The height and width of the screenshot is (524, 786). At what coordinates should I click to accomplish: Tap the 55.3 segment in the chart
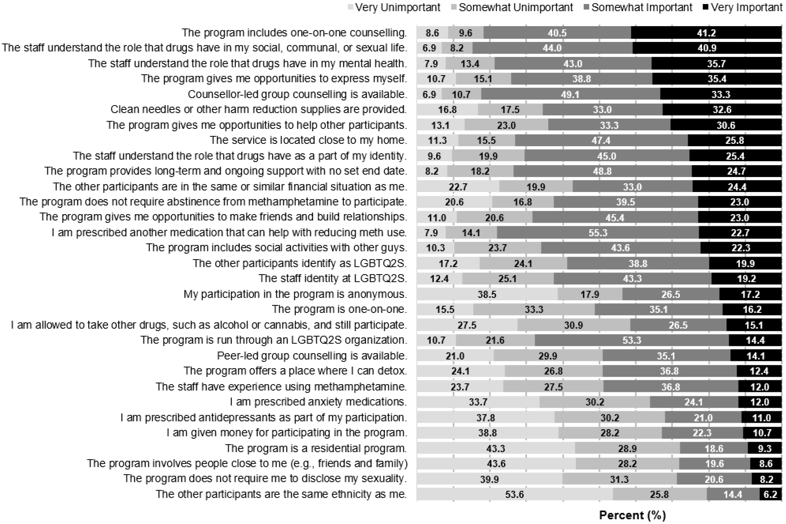pos(597,233)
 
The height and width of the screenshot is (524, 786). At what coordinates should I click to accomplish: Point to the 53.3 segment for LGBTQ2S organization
pos(631,340)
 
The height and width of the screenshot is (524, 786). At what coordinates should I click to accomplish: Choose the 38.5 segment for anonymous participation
pos(487,294)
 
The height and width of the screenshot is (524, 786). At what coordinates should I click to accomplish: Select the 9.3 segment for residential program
pos(764,448)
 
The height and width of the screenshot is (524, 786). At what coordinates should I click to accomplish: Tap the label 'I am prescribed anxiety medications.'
pos(318,402)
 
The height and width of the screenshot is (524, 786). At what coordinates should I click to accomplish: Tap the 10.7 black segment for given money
pos(762,433)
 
